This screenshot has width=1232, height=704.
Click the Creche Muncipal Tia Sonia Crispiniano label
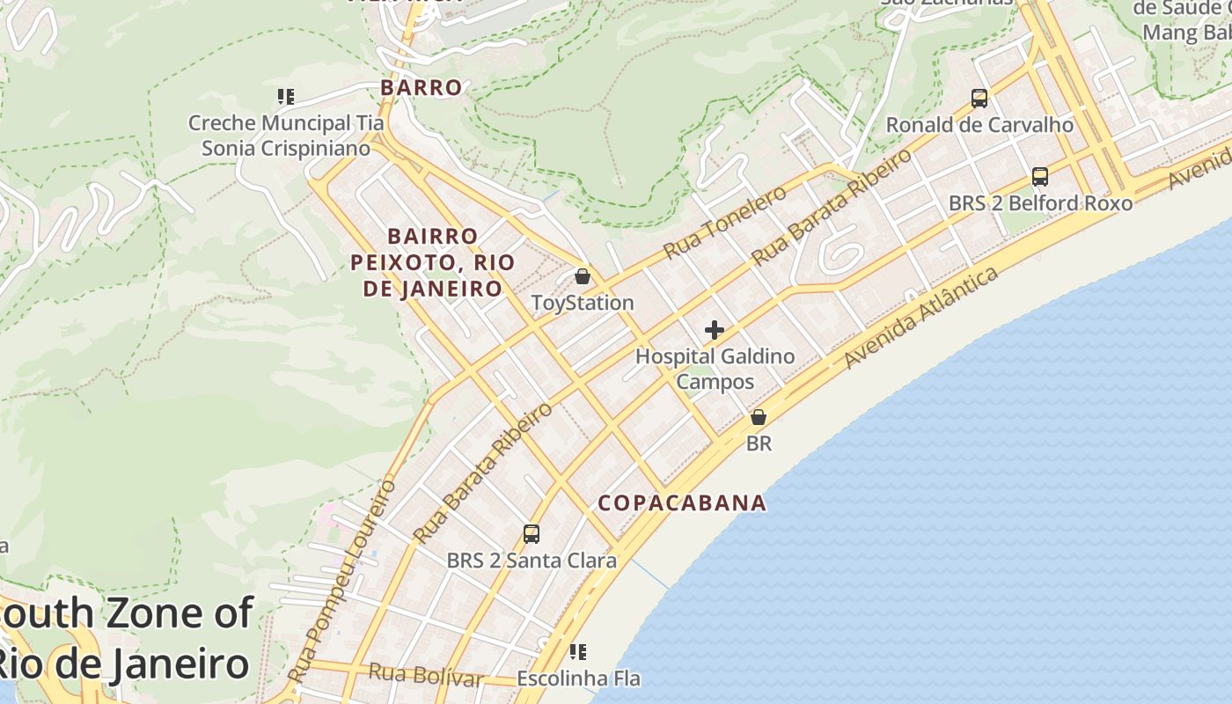279,136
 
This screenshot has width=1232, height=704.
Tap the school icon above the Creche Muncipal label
285,97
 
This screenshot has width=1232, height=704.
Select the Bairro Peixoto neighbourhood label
433,262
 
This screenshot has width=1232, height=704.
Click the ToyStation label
583,303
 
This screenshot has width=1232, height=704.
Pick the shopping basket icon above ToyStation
582,276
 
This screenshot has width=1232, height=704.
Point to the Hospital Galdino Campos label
715,369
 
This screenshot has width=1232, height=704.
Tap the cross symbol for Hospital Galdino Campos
715,330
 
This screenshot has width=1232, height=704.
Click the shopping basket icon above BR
759,417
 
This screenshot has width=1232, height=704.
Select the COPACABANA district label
682,503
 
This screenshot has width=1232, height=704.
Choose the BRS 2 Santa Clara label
532,561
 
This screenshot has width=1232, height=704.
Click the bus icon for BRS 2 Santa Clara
532,533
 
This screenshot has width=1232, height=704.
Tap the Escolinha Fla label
578,679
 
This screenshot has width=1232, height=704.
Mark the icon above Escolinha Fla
578,652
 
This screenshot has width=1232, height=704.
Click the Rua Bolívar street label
426,676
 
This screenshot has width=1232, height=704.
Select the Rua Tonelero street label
725,222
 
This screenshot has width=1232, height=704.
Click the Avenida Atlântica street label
921,318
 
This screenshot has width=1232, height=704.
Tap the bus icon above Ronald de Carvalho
979,98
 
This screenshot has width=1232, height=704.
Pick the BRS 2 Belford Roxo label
1040,203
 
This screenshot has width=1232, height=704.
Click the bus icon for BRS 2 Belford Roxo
1040,177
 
